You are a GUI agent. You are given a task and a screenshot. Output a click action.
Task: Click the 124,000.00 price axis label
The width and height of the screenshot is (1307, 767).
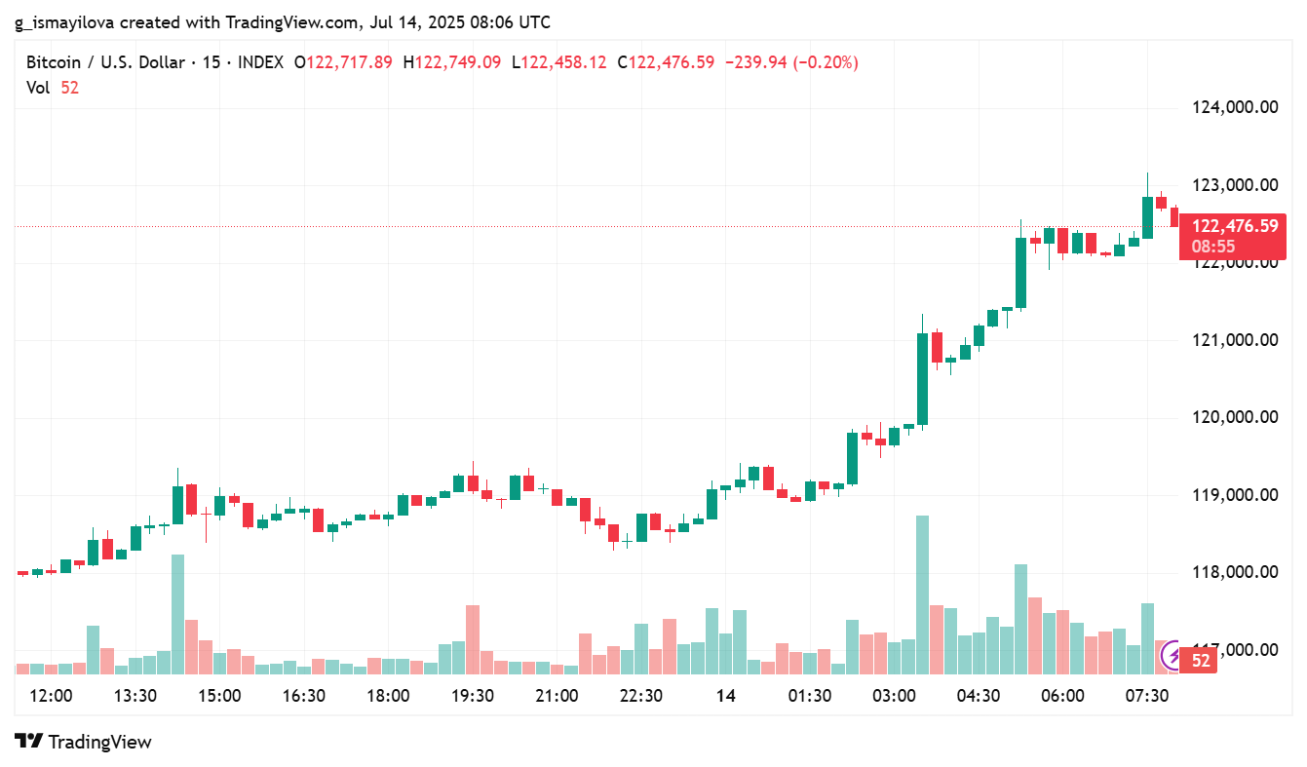point(1235,108)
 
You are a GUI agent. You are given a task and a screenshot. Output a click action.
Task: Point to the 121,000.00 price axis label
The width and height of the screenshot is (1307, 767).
point(1235,340)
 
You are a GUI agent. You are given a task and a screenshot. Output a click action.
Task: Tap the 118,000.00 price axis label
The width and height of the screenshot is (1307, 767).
point(1235,572)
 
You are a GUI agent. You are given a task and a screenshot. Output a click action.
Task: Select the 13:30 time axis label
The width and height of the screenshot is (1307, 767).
point(135,696)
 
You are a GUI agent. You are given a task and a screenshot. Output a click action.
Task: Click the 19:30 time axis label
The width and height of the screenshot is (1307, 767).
point(472,696)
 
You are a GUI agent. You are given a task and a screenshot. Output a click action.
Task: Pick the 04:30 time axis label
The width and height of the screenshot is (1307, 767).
point(979,696)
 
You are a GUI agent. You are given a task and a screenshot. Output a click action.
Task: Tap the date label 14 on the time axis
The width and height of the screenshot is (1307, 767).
point(725,696)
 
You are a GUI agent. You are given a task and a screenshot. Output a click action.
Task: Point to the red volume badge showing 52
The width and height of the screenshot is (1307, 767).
point(1201,661)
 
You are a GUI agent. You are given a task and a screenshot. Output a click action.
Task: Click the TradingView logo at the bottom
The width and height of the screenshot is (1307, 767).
point(84,742)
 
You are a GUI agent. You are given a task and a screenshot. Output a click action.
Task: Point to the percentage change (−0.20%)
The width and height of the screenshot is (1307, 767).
point(826,62)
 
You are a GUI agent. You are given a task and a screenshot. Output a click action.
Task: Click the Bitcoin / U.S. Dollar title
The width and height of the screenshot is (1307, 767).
point(105,62)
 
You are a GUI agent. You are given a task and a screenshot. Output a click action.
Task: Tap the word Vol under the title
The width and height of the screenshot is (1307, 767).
point(38,88)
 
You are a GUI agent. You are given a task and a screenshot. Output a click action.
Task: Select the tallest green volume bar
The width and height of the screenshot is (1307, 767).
point(922,594)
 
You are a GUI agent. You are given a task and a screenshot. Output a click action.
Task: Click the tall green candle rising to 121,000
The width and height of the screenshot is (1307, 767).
point(922,378)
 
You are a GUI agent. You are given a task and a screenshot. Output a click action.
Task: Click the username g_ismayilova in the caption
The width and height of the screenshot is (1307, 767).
point(65,21)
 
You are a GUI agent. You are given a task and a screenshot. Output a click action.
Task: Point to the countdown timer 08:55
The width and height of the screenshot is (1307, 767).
point(1214,247)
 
